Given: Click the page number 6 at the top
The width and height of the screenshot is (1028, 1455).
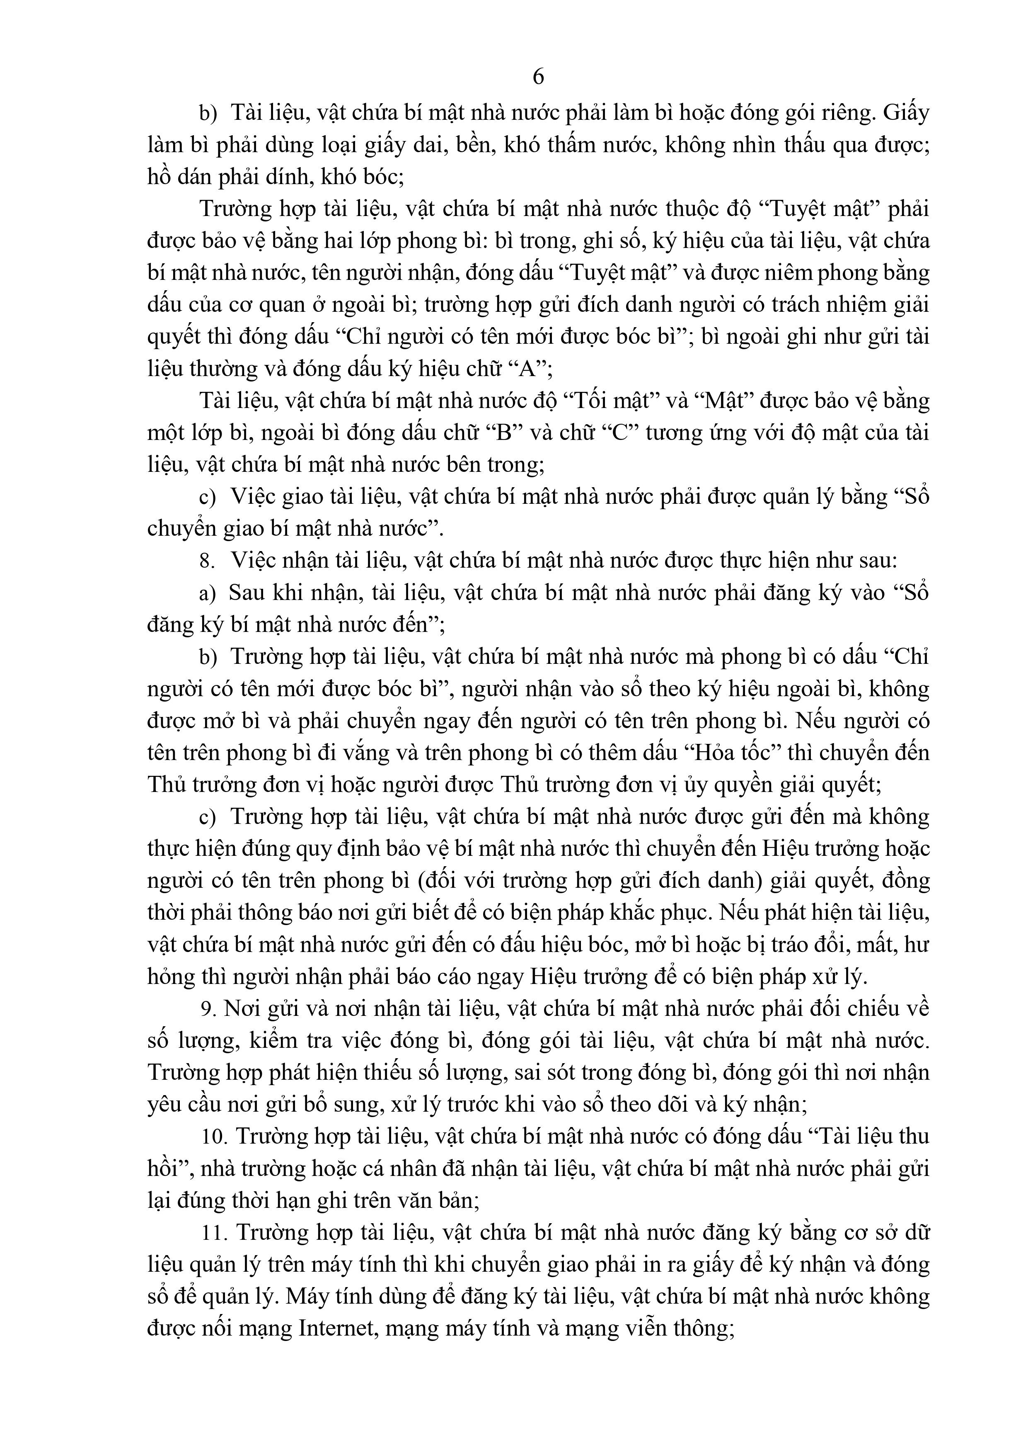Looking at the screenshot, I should (538, 77).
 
